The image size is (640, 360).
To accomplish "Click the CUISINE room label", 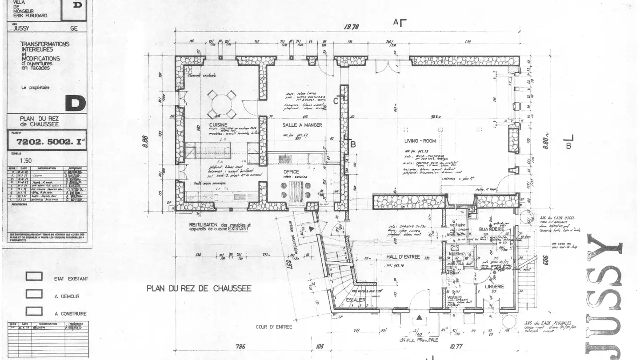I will click(218, 125).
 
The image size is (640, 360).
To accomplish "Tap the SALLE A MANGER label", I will click(302, 125).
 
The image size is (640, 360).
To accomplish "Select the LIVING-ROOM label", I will click(420, 141).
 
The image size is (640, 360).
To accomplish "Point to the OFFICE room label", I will click(291, 172).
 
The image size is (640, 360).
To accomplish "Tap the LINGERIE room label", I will click(495, 287).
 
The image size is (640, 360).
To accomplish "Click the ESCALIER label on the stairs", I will click(355, 300).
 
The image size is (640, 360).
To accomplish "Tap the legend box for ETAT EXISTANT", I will click(34, 276).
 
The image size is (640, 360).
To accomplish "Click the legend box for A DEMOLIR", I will click(34, 294).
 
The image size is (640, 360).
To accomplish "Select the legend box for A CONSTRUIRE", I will click(34, 311).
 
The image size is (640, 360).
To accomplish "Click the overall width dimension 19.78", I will click(351, 27).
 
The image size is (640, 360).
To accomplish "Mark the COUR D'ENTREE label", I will click(274, 327).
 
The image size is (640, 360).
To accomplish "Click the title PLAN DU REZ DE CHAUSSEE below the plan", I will click(199, 288).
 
